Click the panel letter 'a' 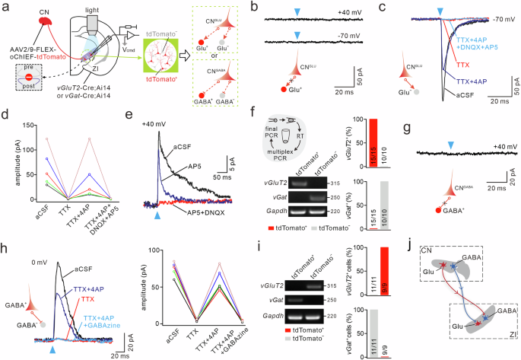pyautogui.click(x=5, y=7)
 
